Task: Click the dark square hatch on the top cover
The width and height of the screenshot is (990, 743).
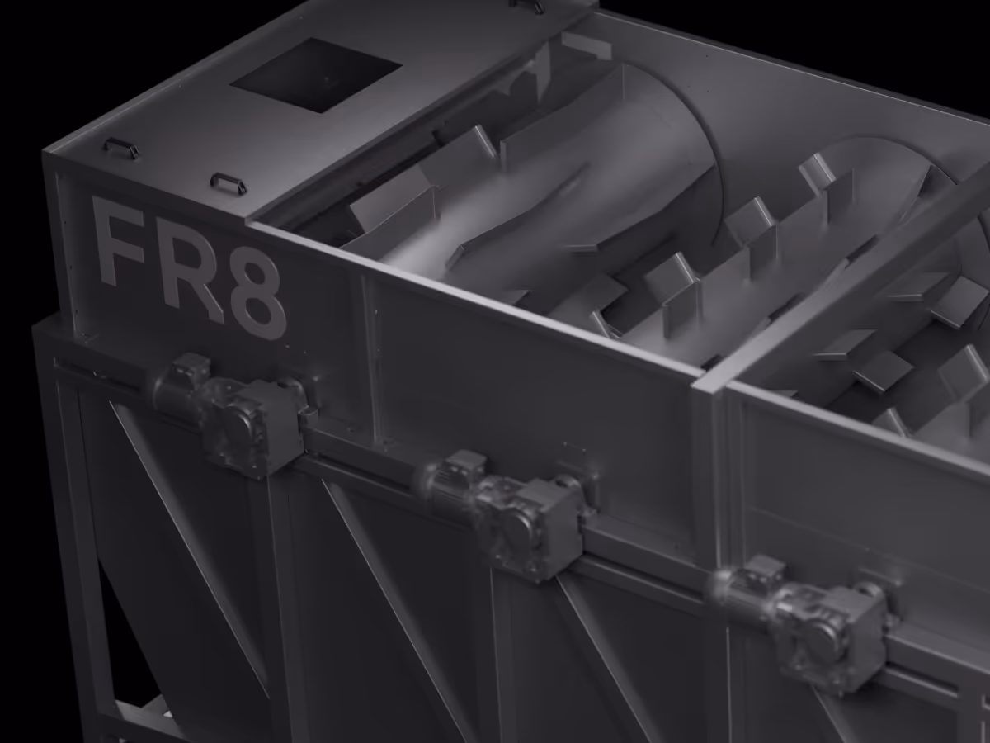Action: click(x=316, y=75)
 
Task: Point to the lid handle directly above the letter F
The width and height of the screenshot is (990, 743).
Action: click(x=121, y=148)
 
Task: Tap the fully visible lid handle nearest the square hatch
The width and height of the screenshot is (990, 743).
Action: click(x=229, y=182)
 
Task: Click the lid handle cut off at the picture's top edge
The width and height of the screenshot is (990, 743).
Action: click(x=527, y=4)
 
